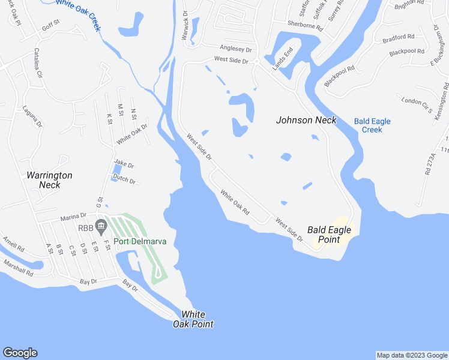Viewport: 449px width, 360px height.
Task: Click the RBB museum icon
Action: (101, 227)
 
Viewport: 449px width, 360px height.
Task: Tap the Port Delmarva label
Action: (140, 242)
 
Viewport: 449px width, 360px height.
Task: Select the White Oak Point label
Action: (193, 319)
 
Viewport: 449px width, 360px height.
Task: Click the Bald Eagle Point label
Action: (324, 234)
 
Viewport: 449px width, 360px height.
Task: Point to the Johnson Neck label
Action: (306, 120)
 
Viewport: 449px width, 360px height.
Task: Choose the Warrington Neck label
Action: (49, 180)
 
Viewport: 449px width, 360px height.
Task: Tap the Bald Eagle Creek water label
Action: (372, 125)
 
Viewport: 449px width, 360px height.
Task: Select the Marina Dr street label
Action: (74, 215)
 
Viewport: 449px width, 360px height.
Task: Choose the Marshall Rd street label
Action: (18, 267)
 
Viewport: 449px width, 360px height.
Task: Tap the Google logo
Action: (20, 353)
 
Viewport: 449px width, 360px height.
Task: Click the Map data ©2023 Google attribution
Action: (411, 355)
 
